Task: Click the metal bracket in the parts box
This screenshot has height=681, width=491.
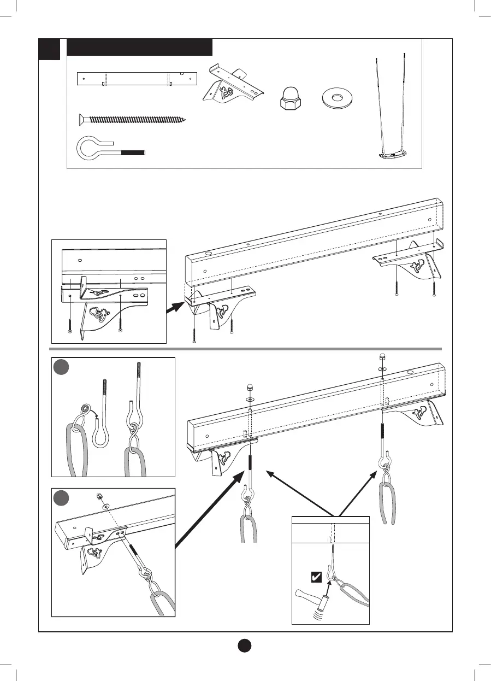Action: pos(232,85)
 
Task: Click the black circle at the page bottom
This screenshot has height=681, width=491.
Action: pos(245,645)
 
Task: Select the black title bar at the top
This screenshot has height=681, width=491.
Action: pos(139,48)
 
